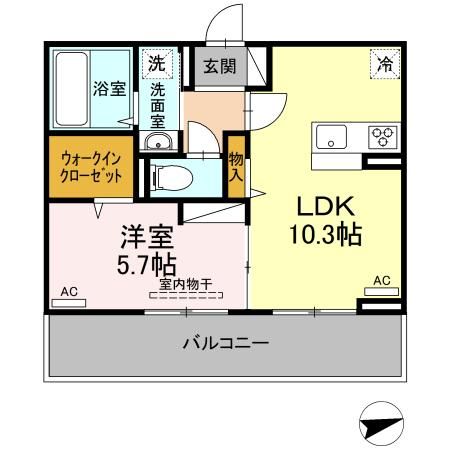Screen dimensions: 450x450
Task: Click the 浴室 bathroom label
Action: coord(110,88)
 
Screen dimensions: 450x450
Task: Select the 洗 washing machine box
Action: coord(157,63)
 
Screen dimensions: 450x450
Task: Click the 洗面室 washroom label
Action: coord(158,102)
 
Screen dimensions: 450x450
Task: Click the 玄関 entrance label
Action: coord(220,67)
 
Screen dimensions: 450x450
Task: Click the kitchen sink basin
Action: coord(331,136)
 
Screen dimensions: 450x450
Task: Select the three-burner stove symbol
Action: coord(382,136)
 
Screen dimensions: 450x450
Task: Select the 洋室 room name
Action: coord(148,238)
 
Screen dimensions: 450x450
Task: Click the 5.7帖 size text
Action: coord(148,266)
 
